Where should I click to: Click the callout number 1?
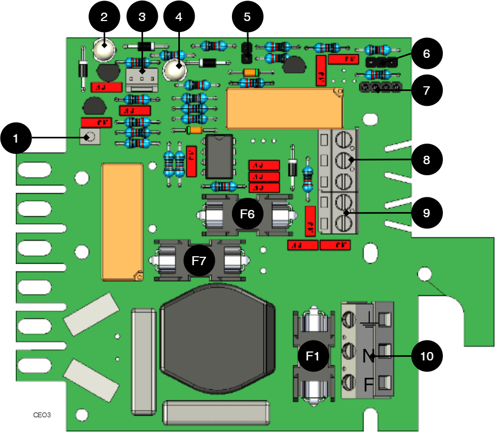[15, 139]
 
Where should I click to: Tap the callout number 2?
[104, 17]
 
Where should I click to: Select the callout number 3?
[142, 17]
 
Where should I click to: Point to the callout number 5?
[247, 17]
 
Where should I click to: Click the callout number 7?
[426, 91]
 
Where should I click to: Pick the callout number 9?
[426, 213]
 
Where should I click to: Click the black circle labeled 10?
[427, 356]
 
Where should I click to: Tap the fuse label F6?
[247, 214]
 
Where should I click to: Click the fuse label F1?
[313, 356]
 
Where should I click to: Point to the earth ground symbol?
[369, 319]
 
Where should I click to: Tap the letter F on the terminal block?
[369, 385]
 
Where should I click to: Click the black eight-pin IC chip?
[219, 156]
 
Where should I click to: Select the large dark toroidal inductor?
[217, 338]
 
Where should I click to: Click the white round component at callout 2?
[104, 49]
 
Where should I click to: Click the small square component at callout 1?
[89, 137]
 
